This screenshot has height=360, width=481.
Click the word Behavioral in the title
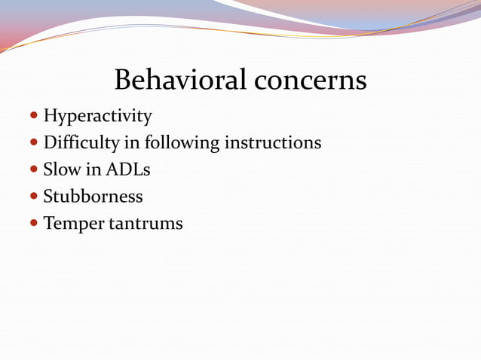[180, 80]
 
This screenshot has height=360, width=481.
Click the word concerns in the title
[310, 80]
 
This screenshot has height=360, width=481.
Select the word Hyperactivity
[97, 117]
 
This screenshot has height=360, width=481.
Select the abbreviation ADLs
[127, 170]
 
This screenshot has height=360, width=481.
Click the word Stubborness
[93, 197]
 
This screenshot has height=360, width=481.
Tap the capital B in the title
[123, 80]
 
